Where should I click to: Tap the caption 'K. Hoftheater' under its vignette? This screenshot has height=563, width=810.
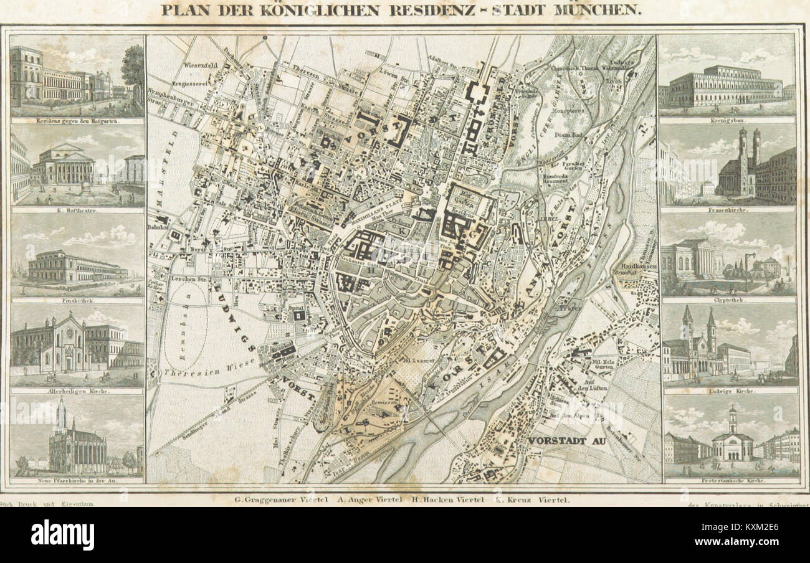[77, 211]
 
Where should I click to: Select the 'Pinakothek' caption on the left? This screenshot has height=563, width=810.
[77, 300]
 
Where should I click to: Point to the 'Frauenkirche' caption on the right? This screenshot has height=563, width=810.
[727, 211]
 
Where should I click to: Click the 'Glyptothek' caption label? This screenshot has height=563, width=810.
[727, 300]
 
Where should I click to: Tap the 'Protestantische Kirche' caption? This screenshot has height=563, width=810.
[730, 481]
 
